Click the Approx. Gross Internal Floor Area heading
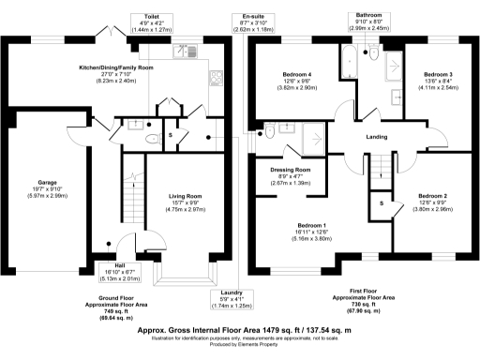[240, 332]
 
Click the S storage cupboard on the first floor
[382, 203]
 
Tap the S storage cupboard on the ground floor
[170, 134]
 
